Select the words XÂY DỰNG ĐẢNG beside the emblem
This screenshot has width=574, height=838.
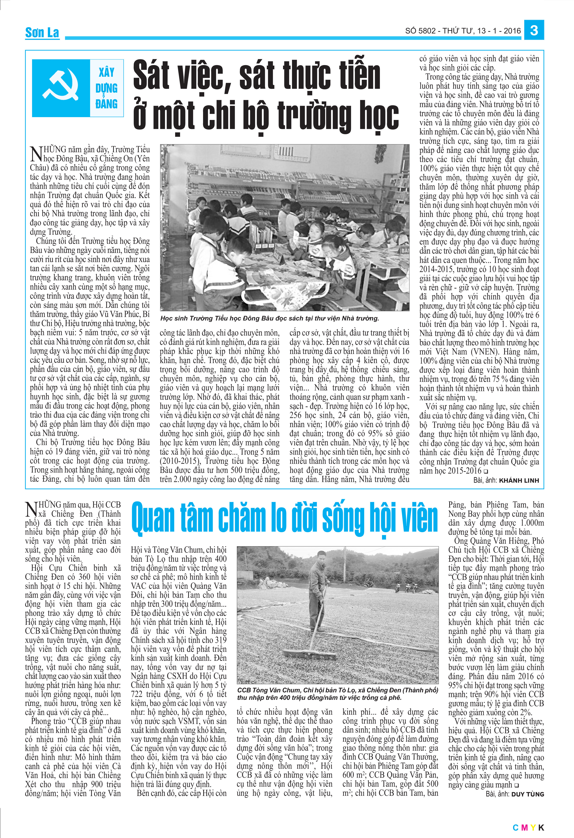[x=106, y=88]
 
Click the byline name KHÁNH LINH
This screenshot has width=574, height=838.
[x=519, y=480]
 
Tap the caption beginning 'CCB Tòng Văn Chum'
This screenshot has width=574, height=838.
[x=337, y=694]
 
